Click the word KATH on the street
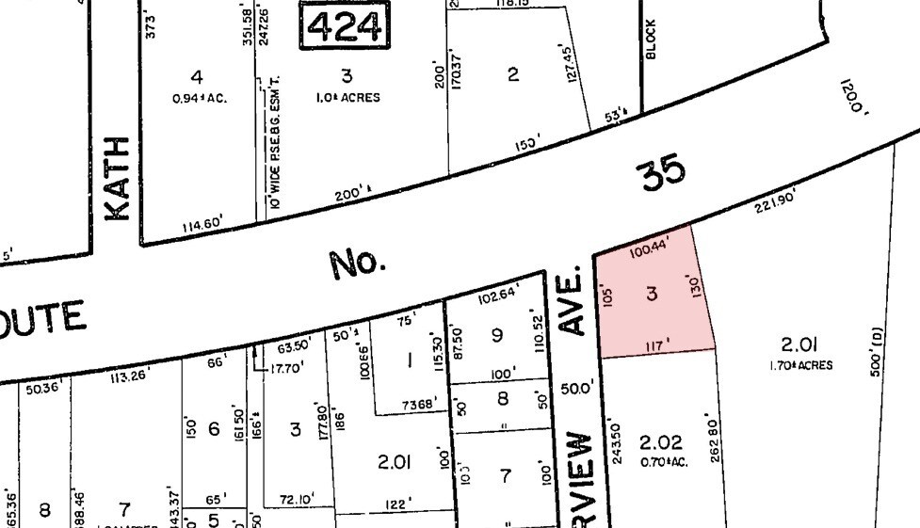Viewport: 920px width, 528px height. click(x=118, y=178)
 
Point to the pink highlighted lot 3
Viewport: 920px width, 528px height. click(x=652, y=295)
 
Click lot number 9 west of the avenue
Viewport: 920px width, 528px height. click(x=497, y=333)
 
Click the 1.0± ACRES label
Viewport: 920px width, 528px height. click(x=347, y=97)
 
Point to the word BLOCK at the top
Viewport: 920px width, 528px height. click(x=650, y=39)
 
